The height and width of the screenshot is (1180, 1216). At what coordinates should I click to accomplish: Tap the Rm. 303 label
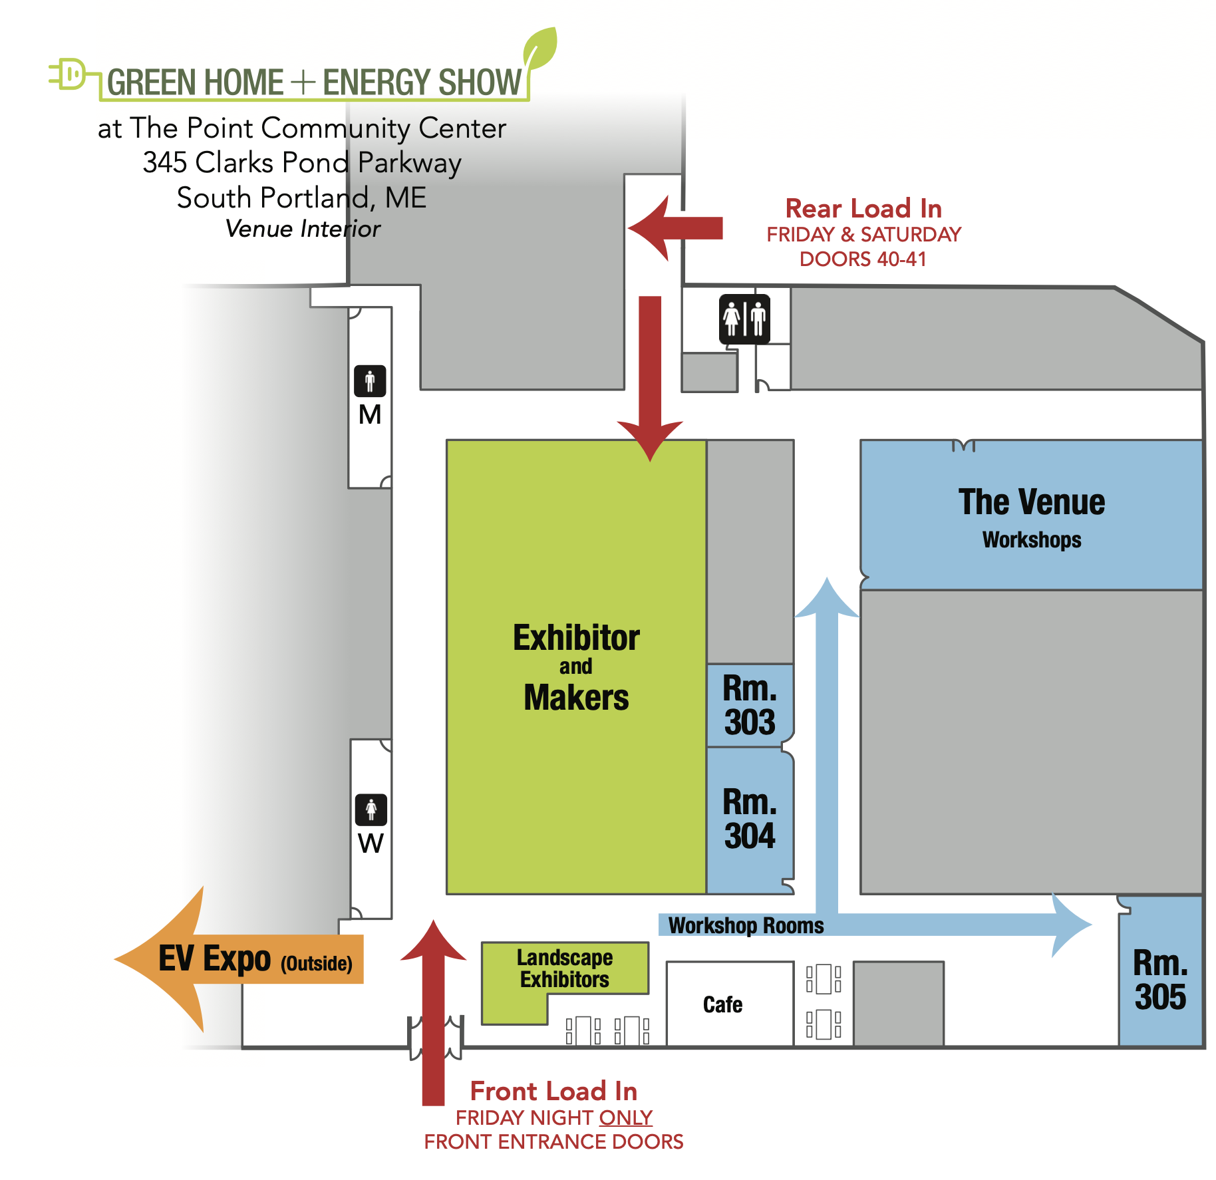(750, 706)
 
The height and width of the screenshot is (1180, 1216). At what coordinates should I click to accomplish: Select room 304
(750, 819)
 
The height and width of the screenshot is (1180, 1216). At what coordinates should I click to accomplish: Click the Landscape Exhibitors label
(564, 968)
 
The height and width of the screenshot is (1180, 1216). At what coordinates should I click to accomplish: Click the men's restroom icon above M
(370, 381)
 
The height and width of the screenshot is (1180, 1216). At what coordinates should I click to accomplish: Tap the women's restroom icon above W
(371, 810)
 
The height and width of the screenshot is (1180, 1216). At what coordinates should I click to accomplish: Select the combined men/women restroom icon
(744, 319)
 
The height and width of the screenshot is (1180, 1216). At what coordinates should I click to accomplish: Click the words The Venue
(1031, 502)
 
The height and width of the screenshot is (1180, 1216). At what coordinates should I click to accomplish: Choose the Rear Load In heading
(863, 209)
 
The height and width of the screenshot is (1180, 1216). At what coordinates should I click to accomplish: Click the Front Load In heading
(553, 1092)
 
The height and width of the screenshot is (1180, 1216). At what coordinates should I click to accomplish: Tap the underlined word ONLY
(625, 1117)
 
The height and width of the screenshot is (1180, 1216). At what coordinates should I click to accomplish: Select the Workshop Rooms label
(746, 925)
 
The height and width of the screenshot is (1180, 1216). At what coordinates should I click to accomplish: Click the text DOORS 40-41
(863, 259)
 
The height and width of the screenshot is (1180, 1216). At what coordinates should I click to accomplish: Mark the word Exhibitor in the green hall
(576, 638)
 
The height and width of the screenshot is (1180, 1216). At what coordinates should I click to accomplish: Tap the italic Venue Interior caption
(303, 229)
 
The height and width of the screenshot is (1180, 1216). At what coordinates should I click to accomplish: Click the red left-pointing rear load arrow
(675, 228)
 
